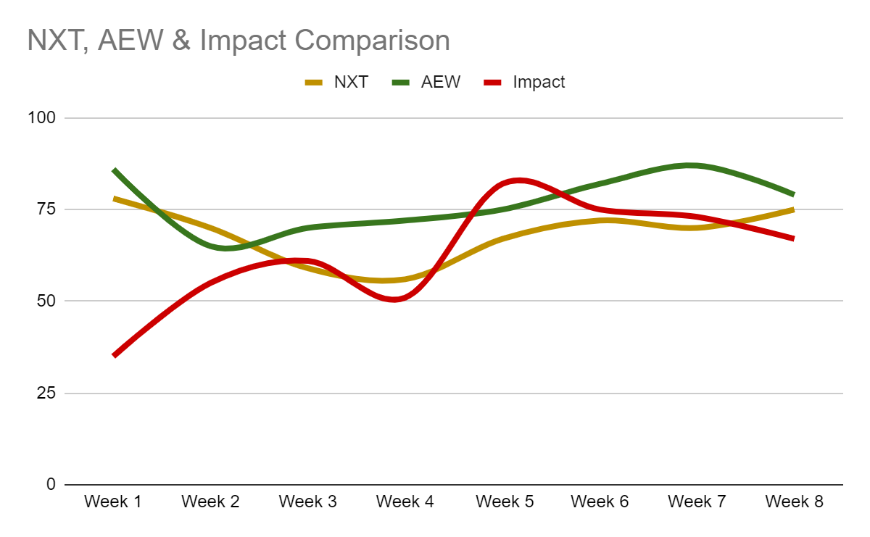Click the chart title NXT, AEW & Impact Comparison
pyautogui.click(x=238, y=41)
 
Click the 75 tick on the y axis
pyautogui.click(x=46, y=209)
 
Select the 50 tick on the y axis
pyautogui.click(x=46, y=301)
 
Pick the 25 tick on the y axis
pyautogui.click(x=46, y=393)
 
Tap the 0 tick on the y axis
pyautogui.click(x=50, y=484)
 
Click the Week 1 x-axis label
pyautogui.click(x=113, y=501)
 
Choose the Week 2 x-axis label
pyautogui.click(x=210, y=501)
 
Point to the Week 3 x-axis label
pyautogui.click(x=307, y=501)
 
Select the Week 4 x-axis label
pyautogui.click(x=405, y=501)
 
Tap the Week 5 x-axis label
pyautogui.click(x=502, y=501)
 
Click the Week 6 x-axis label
pyautogui.click(x=600, y=501)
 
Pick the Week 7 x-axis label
pyautogui.click(x=697, y=501)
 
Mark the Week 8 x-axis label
pyautogui.click(x=794, y=501)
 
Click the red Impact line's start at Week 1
pyautogui.click(x=115, y=355)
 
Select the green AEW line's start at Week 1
pyautogui.click(x=115, y=170)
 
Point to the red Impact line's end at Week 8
pyautogui.click(x=794, y=238)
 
